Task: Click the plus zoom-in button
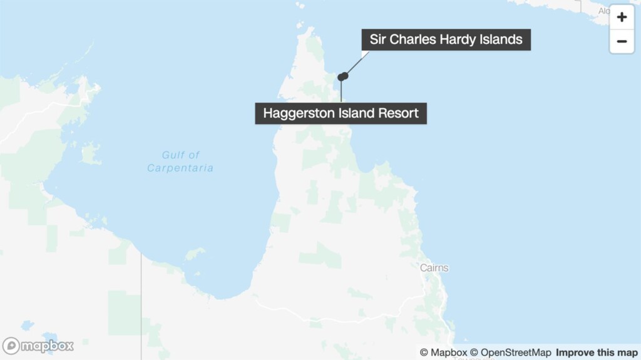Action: tap(622, 18)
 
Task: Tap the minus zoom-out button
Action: tap(622, 41)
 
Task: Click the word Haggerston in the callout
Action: tap(297, 113)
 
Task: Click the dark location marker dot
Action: tap(342, 76)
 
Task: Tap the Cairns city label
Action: tap(434, 268)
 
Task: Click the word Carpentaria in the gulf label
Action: tap(180, 168)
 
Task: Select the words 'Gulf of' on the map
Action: tap(180, 155)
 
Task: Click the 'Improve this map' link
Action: tap(597, 352)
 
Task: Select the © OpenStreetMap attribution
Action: tap(511, 352)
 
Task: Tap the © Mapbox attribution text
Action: tap(443, 352)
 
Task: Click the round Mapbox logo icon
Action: tap(11, 346)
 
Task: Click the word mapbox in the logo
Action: tap(48, 346)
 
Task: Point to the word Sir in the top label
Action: tap(378, 39)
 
